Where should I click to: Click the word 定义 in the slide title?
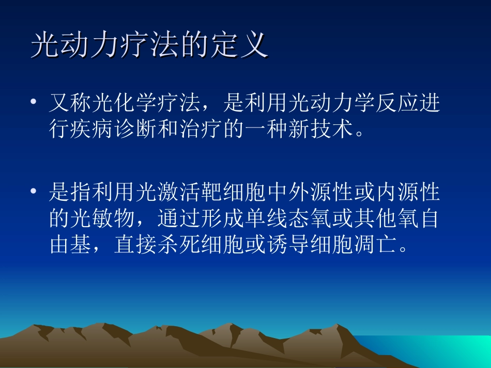coord(238,46)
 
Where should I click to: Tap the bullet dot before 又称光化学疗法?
coord(34,103)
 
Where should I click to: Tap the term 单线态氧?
coord(278,219)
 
